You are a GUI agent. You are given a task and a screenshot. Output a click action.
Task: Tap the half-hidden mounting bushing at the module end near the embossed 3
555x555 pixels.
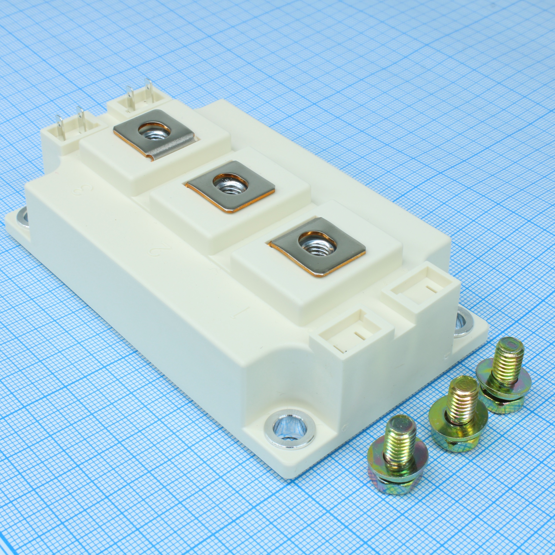click(x=22, y=219)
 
